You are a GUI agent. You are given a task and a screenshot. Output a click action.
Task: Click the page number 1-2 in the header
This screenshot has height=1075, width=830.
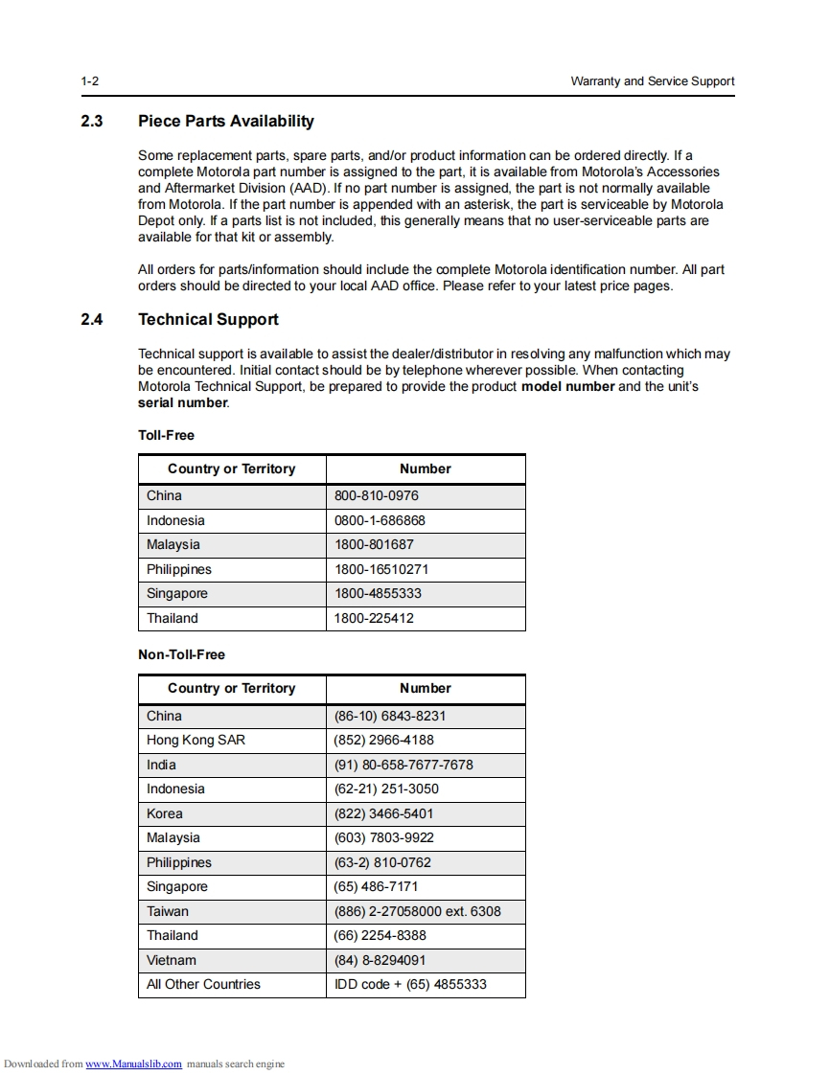pos(90,81)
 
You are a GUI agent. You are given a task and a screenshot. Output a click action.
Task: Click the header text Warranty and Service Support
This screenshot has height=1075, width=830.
pos(652,81)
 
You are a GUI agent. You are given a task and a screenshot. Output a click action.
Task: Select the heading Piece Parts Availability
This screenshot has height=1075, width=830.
pos(225,122)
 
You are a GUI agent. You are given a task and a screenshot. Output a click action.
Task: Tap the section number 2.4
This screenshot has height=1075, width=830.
pos(92,320)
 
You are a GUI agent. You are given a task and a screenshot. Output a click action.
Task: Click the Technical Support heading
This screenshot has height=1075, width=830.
pos(208,320)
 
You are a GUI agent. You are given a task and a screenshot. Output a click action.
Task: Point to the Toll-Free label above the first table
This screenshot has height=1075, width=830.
pos(166,435)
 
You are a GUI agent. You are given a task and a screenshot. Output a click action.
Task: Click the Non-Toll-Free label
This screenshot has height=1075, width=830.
pos(181,654)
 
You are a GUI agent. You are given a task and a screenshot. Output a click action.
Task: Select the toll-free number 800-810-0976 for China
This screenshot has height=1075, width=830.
pos(376,496)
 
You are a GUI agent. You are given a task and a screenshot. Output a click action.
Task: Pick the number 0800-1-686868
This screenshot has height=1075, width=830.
pos(380,520)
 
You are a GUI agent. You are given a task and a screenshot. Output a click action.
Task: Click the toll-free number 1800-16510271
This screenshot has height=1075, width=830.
pos(381,569)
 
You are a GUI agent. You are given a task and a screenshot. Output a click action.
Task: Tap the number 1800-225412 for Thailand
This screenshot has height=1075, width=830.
pos(374,618)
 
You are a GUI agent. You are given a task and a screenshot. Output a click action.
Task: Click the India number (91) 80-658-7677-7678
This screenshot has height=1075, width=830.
pos(403,765)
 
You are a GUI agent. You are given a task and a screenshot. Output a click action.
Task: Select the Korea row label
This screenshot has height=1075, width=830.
pos(164,813)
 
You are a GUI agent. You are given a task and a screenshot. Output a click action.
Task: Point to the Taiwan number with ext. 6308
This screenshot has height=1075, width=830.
pos(417,911)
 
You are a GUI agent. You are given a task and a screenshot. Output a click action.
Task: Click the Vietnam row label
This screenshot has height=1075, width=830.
pos(171,960)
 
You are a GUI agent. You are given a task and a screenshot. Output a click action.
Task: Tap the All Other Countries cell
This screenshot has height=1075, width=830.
pos(203,984)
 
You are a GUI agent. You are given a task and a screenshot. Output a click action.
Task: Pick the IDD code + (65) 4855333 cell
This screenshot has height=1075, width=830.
pos(410,984)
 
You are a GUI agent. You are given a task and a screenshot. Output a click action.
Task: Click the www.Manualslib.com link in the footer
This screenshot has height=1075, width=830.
pos(133,1064)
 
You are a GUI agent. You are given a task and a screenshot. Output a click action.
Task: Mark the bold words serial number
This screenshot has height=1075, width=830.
pos(183,403)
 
